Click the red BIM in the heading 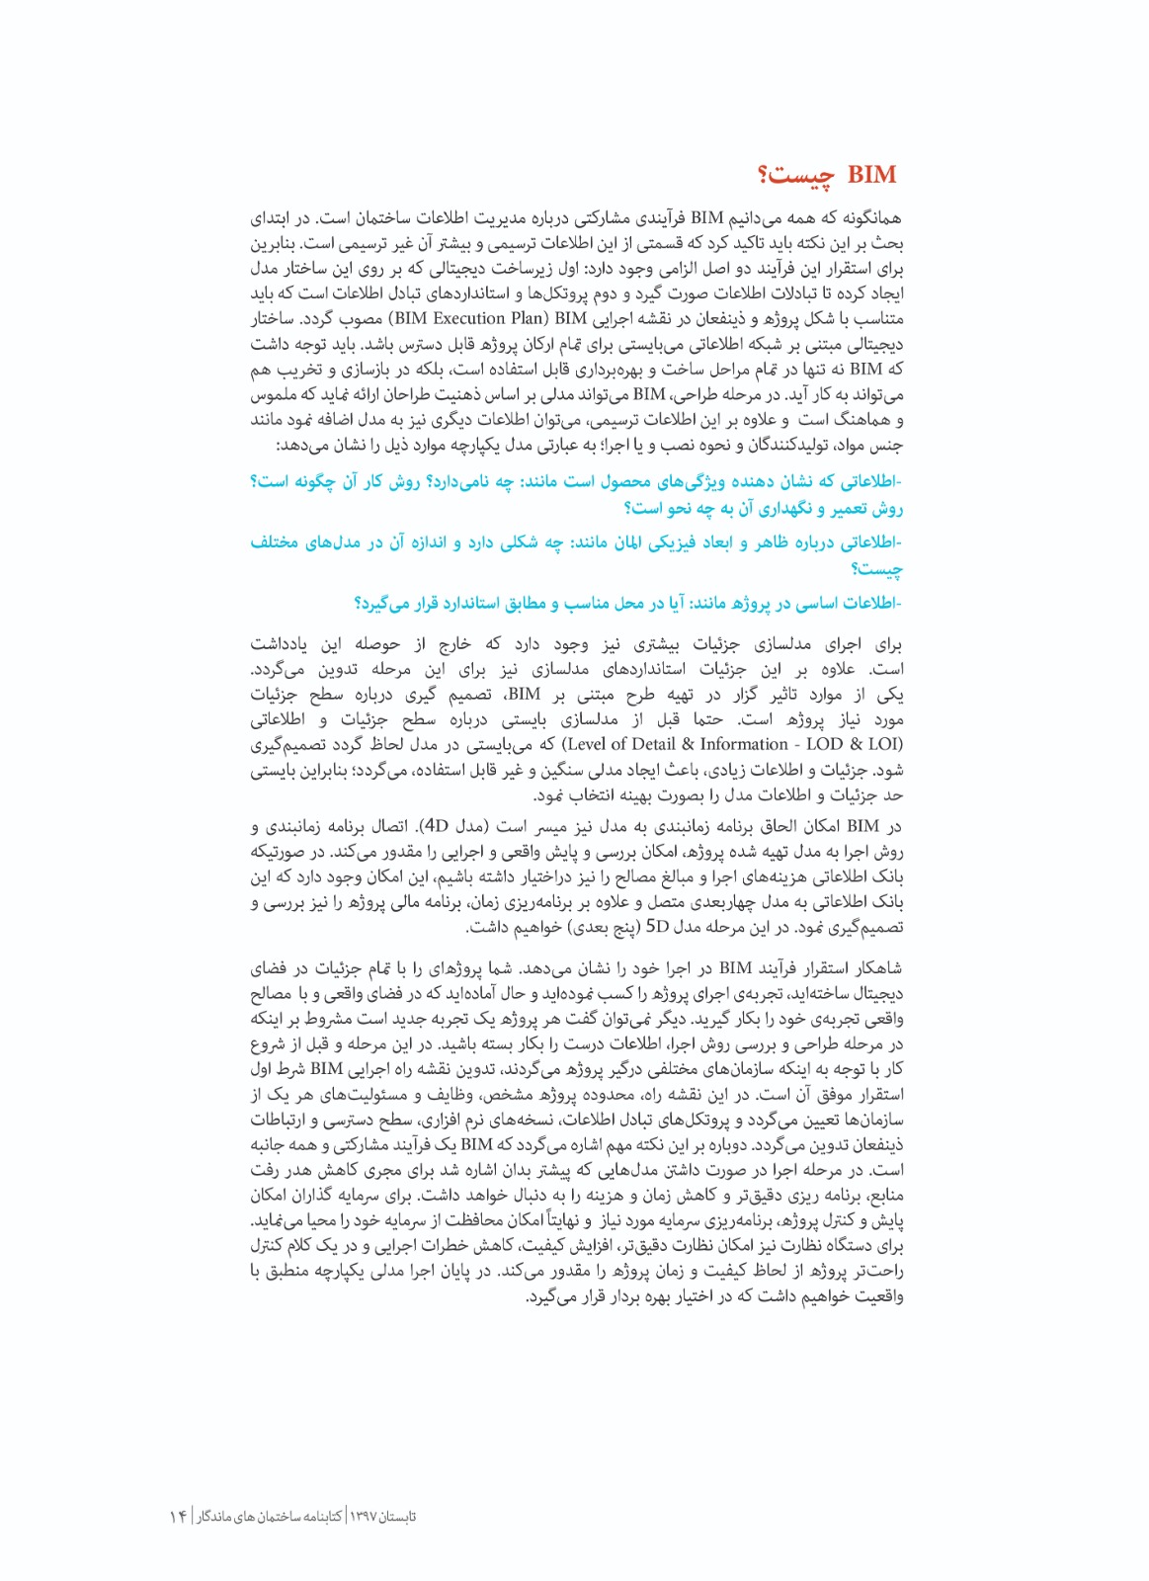tap(871, 176)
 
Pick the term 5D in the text tap(657, 927)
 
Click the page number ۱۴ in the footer tap(178, 1516)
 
